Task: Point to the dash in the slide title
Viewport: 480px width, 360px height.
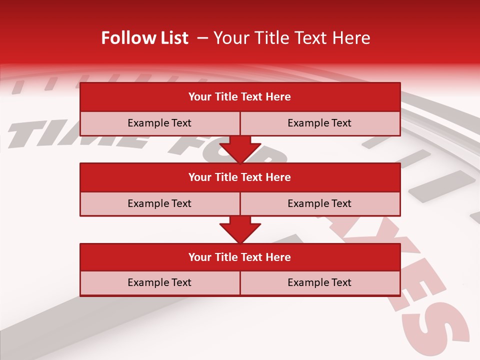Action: [203, 38]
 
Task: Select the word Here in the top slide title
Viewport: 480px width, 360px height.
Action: [352, 38]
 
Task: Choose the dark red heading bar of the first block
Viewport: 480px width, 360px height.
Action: [240, 97]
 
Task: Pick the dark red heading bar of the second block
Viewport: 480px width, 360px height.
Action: [240, 177]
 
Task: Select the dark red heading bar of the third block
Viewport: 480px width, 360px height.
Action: [240, 257]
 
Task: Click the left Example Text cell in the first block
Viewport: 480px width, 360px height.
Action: [159, 123]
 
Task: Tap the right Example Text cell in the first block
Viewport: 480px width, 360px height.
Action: [320, 123]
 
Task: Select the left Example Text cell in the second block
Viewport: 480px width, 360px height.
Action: [159, 203]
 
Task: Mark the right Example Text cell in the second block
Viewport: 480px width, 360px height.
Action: [320, 203]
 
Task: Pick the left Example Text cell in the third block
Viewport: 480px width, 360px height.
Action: [159, 282]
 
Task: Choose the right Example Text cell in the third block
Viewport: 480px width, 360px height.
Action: [320, 282]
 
